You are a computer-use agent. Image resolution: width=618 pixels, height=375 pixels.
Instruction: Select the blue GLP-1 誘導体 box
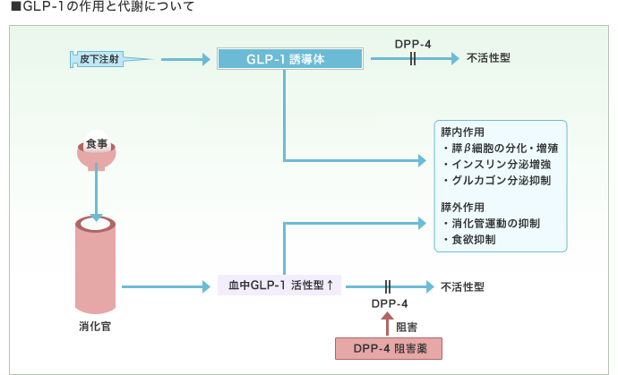pos(290,60)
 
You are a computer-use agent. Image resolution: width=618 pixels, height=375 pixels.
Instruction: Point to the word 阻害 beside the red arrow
pos(406,327)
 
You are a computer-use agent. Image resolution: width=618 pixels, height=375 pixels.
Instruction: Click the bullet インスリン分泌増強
pos(498,164)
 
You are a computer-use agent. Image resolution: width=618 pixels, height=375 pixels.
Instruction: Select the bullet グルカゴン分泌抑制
pos(498,181)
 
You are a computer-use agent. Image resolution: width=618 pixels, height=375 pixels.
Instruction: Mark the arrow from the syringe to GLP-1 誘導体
pos(183,60)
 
